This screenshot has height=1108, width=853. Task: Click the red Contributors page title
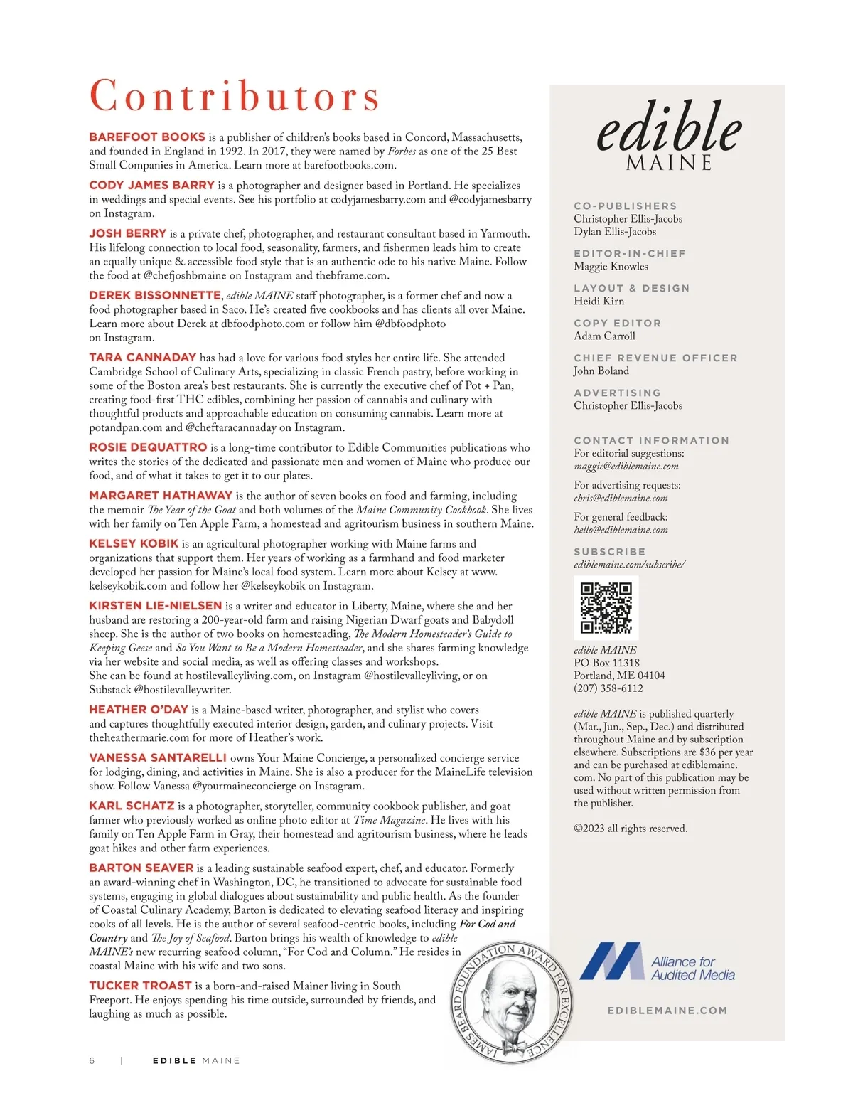tap(235, 96)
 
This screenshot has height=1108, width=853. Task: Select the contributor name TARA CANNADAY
tap(142, 357)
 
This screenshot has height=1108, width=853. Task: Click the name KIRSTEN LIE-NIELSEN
tap(156, 605)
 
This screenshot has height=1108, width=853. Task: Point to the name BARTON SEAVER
tap(141, 868)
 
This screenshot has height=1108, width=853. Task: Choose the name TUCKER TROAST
tap(140, 985)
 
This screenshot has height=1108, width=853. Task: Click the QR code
tap(606, 607)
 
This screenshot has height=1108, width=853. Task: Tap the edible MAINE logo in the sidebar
tap(668, 135)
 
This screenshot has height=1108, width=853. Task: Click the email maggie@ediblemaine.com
tap(626, 467)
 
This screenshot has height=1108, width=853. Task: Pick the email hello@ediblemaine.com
tap(621, 530)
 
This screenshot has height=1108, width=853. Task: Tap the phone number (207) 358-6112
tap(608, 688)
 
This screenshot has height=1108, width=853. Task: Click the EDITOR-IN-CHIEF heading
tap(629, 253)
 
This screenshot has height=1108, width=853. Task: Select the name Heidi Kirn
tap(599, 302)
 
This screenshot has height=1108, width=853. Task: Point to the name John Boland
tap(601, 371)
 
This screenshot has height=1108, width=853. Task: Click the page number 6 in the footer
tap(92, 1060)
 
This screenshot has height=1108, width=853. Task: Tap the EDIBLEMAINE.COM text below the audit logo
tap(667, 1010)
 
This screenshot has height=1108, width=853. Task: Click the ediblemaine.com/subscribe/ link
tap(629, 565)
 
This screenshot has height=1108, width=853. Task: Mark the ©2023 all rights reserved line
tap(631, 829)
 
